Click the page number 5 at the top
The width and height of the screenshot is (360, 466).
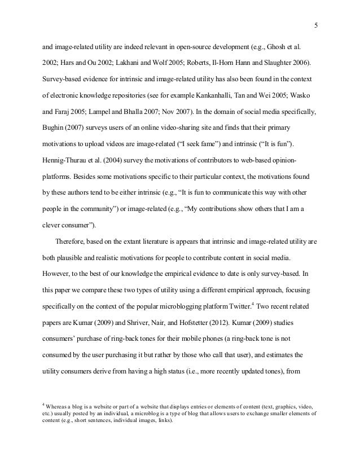click(315, 24)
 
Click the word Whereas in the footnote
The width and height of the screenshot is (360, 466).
click(58, 406)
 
